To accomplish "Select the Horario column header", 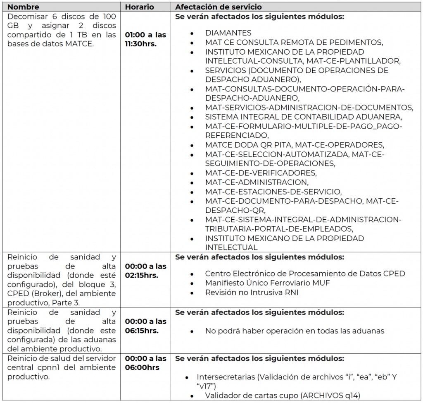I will pos(139,7).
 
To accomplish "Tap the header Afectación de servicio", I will pos(218,7).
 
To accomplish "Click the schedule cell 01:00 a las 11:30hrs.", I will pos(145,39).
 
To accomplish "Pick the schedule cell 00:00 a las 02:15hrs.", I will pos(145,271).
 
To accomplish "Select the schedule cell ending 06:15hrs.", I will pos(145,326).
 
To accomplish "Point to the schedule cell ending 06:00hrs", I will pos(145,363).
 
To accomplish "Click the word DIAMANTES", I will pos(228,33).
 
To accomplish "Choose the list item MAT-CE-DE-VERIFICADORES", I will pos(261,173).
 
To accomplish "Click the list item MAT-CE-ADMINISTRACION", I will pos(257,182).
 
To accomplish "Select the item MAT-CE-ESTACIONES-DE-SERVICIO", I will pos(273,192).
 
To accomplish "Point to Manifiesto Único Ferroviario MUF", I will pos(267,283).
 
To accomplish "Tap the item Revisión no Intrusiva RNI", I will pos(252,293).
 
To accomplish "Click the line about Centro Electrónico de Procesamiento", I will pos(305,273).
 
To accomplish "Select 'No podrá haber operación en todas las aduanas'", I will pos(295,331).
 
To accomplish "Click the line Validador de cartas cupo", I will pos(283,396).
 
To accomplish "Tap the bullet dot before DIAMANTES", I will pos(192,33).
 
